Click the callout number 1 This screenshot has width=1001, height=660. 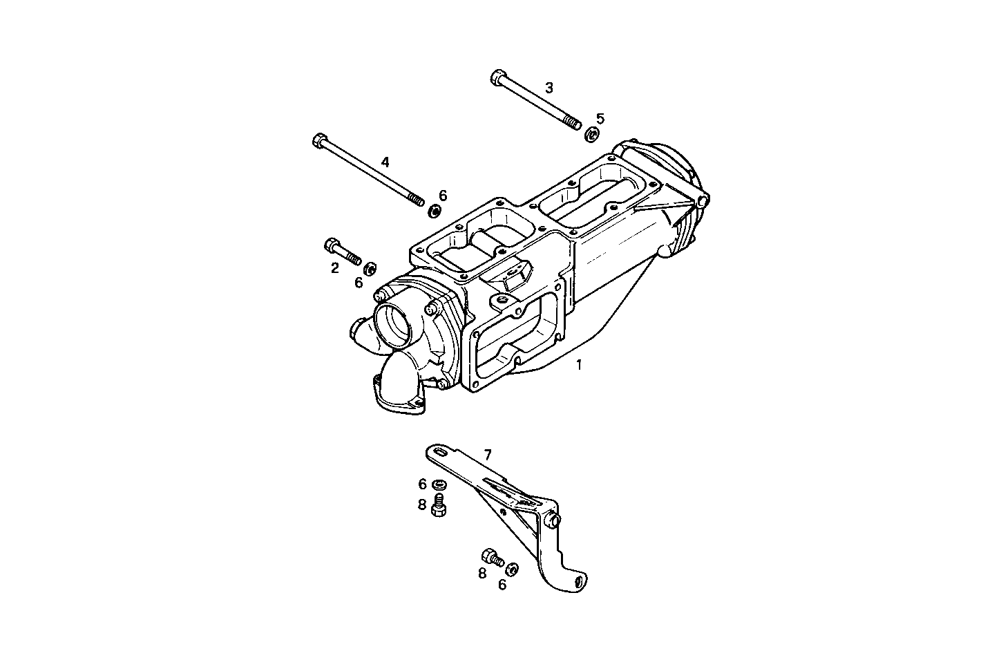coord(579,364)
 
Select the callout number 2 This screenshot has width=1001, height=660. coord(335,268)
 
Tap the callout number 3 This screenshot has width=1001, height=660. coord(549,88)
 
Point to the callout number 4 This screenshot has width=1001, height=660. coord(385,162)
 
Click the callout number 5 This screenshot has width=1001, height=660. coord(600,118)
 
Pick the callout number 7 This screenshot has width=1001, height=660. coord(488,454)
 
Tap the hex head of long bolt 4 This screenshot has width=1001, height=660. coord(319,141)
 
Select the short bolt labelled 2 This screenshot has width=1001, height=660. coord(343,252)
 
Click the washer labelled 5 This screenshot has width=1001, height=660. coord(592,135)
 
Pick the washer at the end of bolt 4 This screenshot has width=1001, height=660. coord(435,210)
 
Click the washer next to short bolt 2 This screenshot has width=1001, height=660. coord(370,267)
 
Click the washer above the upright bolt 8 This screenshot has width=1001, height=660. coord(439,484)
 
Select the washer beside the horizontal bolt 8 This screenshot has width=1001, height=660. coord(512,569)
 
